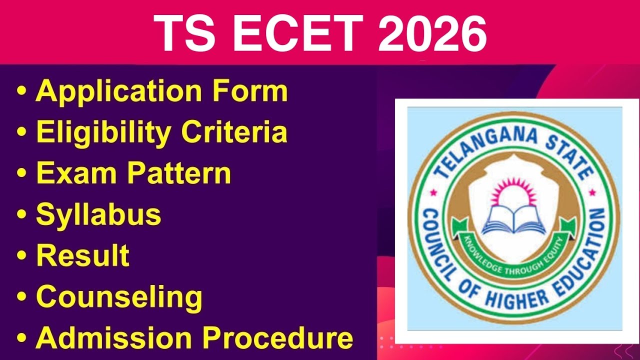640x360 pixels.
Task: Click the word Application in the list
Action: [118, 92]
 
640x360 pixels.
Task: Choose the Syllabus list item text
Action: [98, 214]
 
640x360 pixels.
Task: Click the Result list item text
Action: [82, 255]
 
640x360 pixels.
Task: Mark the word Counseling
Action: [119, 297]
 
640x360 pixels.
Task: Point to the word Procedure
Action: [280, 337]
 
